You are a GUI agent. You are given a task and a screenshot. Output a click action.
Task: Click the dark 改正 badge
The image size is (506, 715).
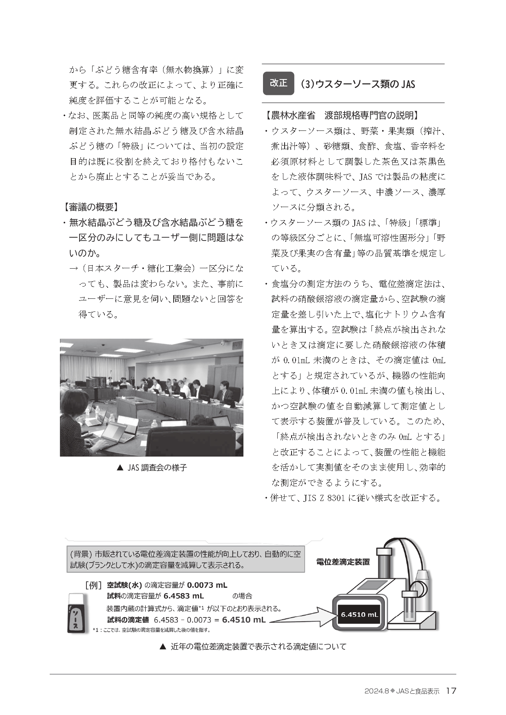pos(278,83)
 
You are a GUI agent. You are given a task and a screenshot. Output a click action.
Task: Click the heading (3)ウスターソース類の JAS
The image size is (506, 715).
pos(357,84)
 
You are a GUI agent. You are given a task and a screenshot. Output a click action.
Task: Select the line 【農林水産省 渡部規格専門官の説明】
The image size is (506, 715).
pos(342,116)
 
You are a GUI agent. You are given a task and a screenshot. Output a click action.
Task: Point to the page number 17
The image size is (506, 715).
pos(451,691)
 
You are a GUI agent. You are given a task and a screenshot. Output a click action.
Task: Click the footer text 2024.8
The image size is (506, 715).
pos(377,691)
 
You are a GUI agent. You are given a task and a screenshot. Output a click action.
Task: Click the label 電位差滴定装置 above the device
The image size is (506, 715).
pos(343,562)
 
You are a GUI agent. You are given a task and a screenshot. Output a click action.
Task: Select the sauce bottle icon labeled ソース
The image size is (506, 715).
pos(77,613)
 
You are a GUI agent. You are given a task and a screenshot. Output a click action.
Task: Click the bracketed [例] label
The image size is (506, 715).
pos(93,585)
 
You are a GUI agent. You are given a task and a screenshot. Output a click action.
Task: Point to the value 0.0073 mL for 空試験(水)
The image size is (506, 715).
pos(207,585)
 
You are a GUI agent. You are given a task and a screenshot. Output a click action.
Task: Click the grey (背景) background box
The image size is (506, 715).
pos(186,560)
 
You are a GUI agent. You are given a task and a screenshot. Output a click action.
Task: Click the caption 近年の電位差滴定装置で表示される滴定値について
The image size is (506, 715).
pos(253,647)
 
